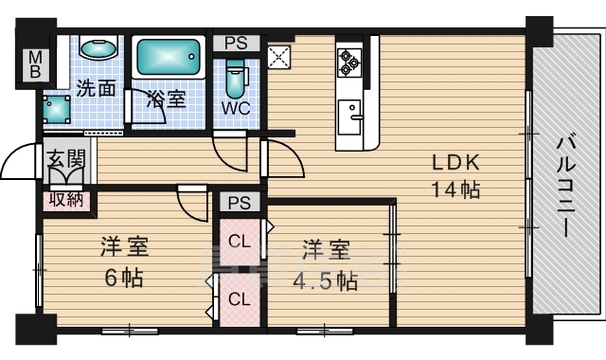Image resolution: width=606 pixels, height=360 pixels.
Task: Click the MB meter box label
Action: point(35,65)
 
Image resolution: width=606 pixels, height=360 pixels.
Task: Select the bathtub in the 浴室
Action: point(169,57)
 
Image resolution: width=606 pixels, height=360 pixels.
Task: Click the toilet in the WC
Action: point(236,79)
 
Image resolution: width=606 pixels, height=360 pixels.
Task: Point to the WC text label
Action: point(236,109)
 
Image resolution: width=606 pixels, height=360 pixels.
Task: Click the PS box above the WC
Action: point(236,43)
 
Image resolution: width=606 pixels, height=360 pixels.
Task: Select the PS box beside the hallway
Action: point(240,203)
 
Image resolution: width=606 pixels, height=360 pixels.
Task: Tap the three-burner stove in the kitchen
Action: point(349,62)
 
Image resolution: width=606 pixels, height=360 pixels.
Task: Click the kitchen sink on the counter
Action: point(349,117)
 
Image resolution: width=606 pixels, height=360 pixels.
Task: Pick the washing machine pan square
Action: point(57,110)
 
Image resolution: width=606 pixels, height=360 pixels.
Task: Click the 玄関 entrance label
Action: point(65,158)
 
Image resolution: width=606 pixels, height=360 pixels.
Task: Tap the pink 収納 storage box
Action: point(66,201)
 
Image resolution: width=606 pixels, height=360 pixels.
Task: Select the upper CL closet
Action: point(240,243)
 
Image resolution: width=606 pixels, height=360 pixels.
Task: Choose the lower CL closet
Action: point(240,298)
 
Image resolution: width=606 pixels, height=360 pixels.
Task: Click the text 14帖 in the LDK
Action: point(455,189)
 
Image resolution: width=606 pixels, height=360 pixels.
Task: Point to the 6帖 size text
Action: point(124,278)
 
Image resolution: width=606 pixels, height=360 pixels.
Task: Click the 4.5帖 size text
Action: point(325,281)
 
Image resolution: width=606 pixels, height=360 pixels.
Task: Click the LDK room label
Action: point(455,162)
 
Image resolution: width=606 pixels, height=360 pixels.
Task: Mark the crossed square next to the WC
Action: point(279,57)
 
